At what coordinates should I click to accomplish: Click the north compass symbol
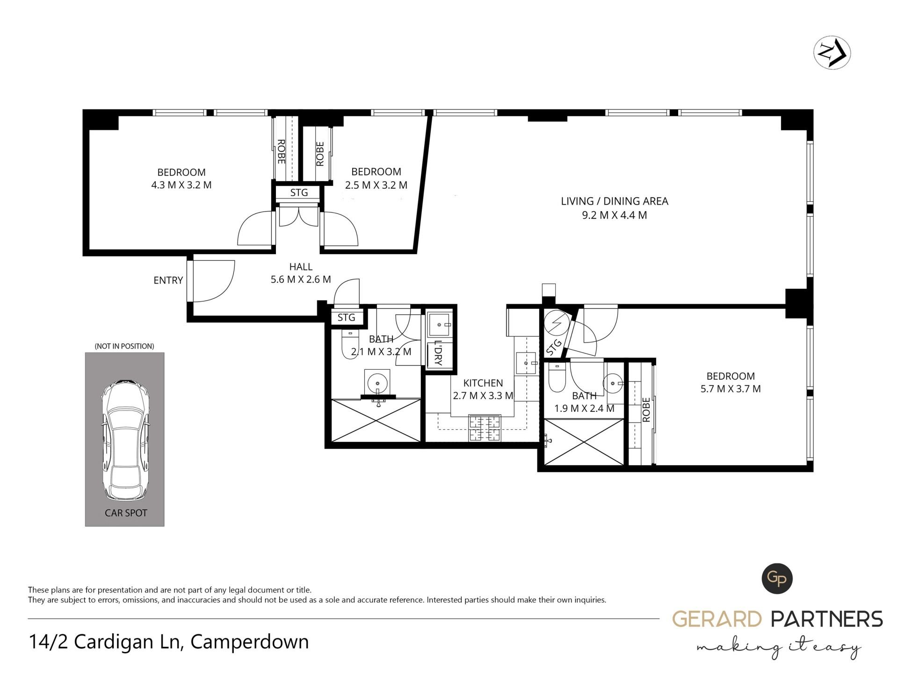(832, 53)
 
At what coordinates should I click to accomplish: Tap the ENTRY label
(168, 280)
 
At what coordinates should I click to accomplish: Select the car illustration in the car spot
(125, 440)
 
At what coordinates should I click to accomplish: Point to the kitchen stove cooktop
(484, 428)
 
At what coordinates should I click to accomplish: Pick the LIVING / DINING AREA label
(615, 201)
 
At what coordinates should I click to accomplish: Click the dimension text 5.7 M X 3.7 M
(730, 389)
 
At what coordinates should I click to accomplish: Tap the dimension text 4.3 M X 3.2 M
(181, 185)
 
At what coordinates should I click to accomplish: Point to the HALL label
(301, 267)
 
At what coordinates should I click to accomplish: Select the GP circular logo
(777, 579)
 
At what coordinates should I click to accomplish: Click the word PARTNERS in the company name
(826, 619)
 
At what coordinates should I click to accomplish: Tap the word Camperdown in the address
(250, 642)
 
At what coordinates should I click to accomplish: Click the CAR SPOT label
(126, 513)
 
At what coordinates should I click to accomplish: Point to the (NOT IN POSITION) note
(124, 346)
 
